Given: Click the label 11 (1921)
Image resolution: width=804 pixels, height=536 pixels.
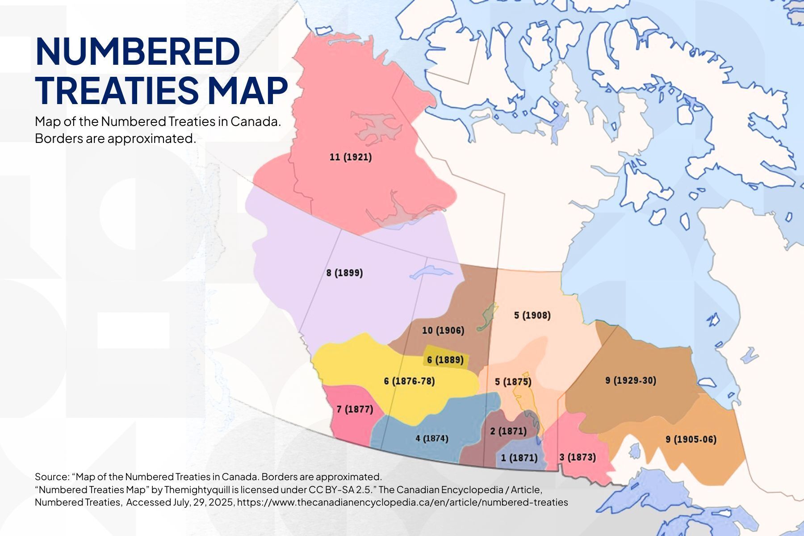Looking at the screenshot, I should click(x=351, y=157).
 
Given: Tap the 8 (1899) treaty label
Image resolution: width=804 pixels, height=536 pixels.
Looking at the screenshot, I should click(x=344, y=273).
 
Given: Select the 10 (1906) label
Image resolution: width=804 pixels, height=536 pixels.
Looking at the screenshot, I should click(x=443, y=331).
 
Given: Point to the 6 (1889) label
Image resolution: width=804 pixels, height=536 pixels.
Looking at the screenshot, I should click(x=445, y=360).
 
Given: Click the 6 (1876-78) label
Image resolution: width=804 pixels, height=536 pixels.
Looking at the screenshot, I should click(x=409, y=381).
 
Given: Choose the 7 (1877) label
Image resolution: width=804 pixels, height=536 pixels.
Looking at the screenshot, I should click(x=355, y=409).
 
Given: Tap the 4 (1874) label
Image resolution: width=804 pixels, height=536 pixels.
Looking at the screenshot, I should click(x=431, y=438).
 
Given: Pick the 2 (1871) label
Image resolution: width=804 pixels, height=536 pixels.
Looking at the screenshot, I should click(x=508, y=431).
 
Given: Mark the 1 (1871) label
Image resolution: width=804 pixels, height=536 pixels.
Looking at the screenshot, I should click(x=519, y=458).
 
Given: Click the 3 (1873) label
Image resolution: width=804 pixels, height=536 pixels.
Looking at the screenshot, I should click(x=577, y=457).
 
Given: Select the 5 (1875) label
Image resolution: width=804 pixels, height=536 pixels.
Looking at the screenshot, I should click(x=513, y=382).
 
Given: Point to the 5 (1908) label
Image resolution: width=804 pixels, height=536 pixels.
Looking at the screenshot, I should click(x=532, y=315).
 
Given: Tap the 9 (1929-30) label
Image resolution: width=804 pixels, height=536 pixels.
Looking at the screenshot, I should click(x=631, y=381).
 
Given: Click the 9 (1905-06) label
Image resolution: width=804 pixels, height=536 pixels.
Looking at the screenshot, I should click(x=691, y=440).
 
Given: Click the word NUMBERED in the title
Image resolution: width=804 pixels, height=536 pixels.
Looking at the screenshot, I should click(x=138, y=51).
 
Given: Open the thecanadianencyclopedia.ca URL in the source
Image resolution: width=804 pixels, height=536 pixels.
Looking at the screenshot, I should click(x=402, y=502).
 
